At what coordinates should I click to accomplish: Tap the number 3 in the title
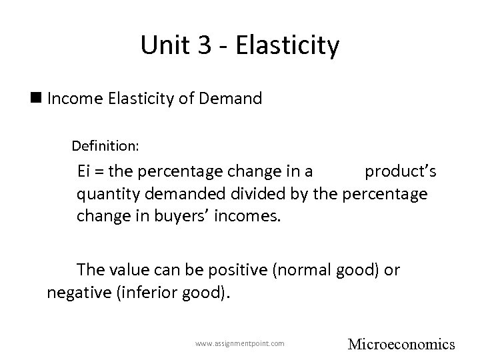pyautogui.click(x=199, y=46)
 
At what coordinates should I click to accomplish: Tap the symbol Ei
pyautogui.click(x=85, y=171)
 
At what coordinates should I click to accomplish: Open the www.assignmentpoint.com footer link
pyautogui.click(x=240, y=343)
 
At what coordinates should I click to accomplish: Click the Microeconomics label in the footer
pyautogui.click(x=401, y=344)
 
